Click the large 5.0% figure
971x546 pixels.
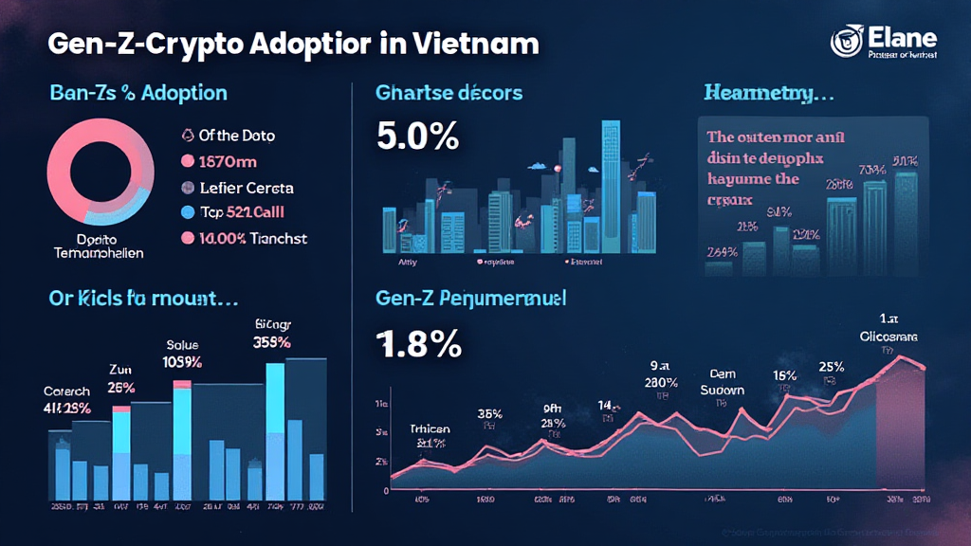[417, 136]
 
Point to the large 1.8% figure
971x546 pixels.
[419, 342]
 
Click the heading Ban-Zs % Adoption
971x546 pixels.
[138, 93]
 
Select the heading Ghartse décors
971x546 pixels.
[449, 93]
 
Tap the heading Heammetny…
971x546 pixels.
[768, 93]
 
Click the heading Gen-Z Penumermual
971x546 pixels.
[471, 299]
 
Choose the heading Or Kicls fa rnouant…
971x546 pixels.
[142, 299]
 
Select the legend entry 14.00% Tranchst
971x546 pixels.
[252, 238]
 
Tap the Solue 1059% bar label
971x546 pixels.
[183, 354]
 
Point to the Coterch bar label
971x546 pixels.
[67, 401]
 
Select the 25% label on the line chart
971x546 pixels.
[832, 367]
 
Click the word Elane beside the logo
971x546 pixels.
[901, 39]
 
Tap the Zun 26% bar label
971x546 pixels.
[120, 378]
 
